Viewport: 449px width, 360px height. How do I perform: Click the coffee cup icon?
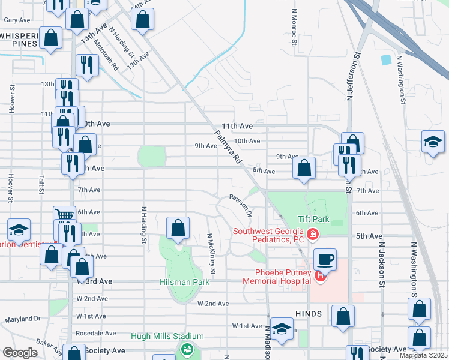(325, 259)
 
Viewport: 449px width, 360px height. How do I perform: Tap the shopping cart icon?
(64, 214)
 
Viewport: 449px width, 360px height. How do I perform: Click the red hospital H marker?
(320, 276)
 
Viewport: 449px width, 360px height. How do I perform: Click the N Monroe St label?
(294, 27)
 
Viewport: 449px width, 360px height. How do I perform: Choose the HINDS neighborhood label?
(309, 314)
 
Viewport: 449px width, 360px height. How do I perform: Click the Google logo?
(20, 353)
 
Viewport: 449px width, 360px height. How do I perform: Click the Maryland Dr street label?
(23, 320)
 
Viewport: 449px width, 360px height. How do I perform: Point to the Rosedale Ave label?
(95, 333)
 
